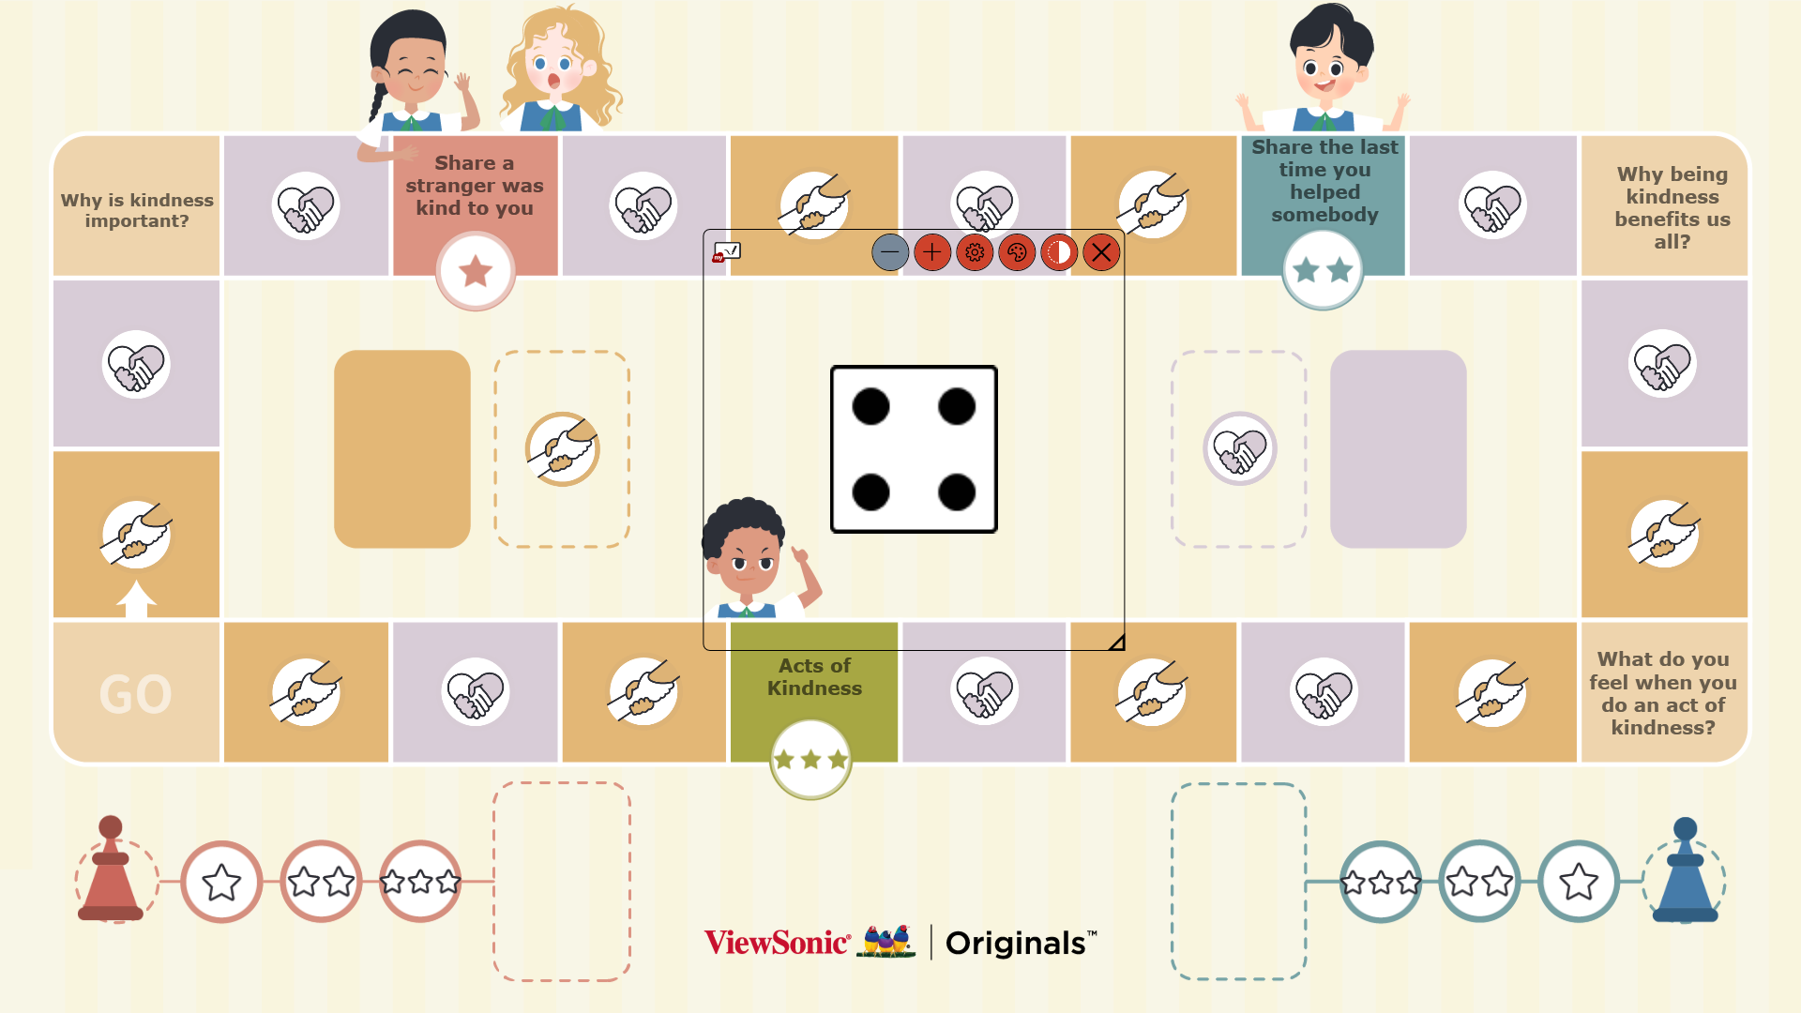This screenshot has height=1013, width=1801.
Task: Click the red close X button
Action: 1101,252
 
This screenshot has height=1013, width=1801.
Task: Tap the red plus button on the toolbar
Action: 931,252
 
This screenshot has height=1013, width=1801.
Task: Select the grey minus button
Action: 889,252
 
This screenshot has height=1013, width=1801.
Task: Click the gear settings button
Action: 975,252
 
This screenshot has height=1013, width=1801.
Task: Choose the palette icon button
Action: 1017,252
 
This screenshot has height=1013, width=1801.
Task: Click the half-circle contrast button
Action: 1059,252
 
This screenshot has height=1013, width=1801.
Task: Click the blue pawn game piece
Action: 1685,871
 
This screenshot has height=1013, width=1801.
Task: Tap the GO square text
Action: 136,694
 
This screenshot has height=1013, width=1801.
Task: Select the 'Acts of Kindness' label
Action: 814,676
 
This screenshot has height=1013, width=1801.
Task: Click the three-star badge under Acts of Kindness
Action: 810,759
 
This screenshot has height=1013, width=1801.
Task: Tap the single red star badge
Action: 476,271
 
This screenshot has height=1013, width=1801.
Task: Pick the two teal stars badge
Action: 1323,270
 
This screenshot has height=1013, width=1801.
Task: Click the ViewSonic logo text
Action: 777,943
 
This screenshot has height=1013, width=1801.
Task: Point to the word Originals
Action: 1015,943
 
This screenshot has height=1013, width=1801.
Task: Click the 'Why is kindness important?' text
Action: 137,210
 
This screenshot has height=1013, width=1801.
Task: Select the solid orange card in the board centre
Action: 402,448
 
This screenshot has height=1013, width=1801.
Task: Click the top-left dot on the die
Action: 870,406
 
